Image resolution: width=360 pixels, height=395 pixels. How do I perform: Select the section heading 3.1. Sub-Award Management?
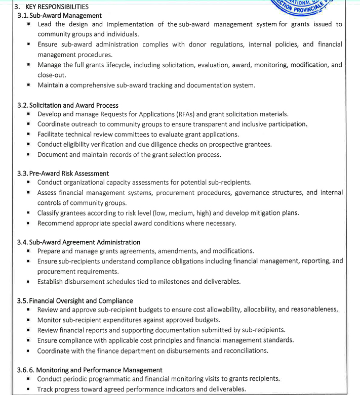[x=59, y=16]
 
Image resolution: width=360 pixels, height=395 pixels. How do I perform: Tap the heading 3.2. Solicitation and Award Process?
[x=67, y=105]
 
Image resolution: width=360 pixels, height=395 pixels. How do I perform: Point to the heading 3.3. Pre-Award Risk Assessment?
[x=63, y=173]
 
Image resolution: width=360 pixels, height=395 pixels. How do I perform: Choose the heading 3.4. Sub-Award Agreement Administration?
[x=78, y=242]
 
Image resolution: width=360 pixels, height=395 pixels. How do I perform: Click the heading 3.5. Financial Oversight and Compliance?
[x=75, y=301]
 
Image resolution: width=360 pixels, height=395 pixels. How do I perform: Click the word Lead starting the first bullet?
[x=45, y=24]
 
